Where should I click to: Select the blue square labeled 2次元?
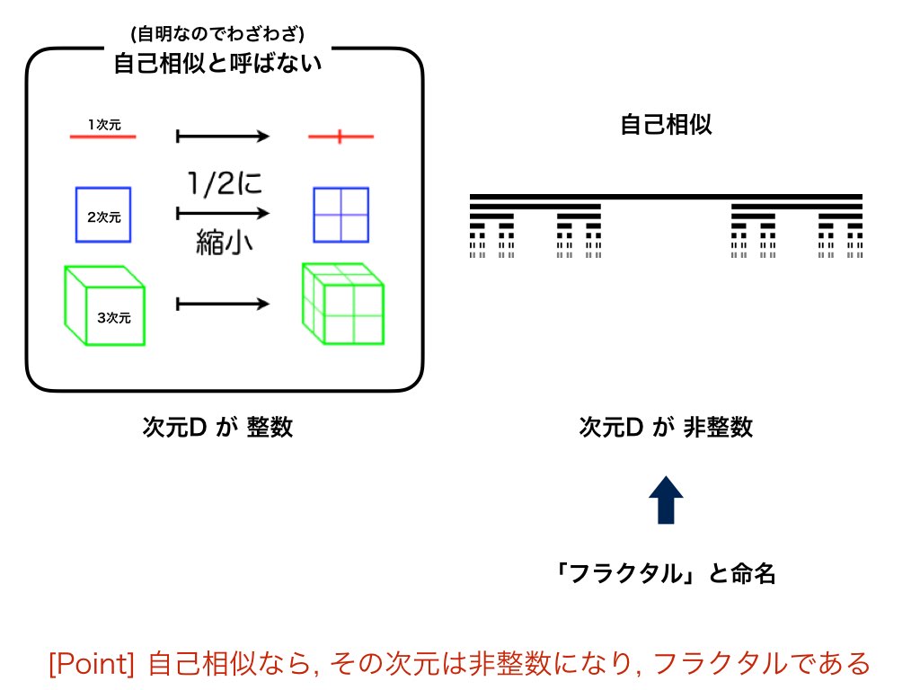click(x=103, y=215)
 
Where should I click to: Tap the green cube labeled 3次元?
click(x=104, y=305)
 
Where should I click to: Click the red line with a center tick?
click(x=340, y=137)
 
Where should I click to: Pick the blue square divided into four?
click(x=341, y=215)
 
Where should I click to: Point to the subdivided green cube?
click(x=343, y=304)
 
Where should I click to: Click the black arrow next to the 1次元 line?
click(x=223, y=137)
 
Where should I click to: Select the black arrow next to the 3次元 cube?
click(x=223, y=304)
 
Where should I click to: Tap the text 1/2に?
click(x=222, y=184)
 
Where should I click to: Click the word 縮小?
click(x=222, y=243)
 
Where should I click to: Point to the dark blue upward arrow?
click(x=666, y=500)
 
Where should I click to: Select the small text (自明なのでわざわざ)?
click(x=218, y=35)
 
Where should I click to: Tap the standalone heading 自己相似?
click(x=666, y=125)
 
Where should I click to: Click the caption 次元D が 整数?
click(x=217, y=428)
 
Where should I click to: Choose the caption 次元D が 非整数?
click(x=666, y=428)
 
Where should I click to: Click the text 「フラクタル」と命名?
click(x=666, y=573)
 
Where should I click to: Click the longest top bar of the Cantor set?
click(x=666, y=196)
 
